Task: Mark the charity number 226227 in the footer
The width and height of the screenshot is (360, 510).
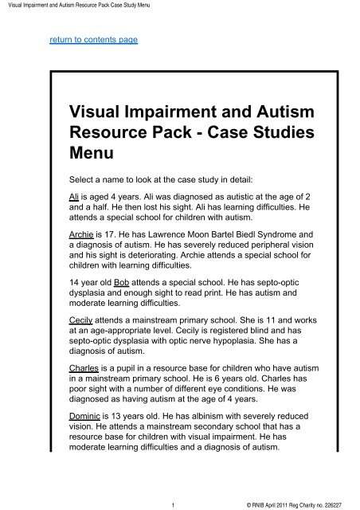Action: click(x=338, y=502)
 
